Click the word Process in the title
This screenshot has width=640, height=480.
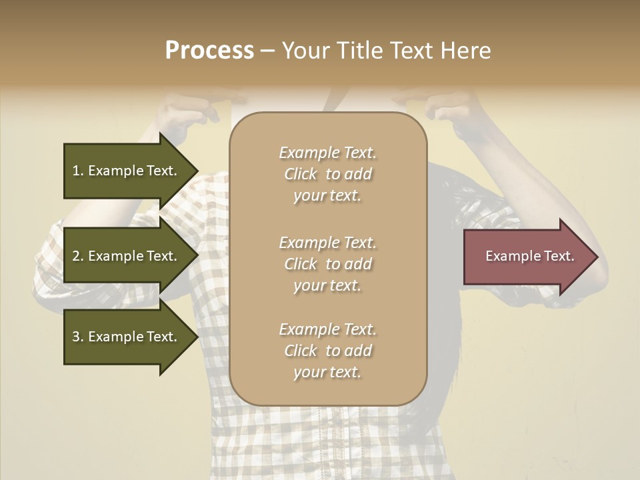209,51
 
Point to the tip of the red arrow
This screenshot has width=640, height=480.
596,257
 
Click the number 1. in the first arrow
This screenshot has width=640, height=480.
78,171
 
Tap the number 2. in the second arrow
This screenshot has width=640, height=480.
78,256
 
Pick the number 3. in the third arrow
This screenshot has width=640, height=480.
78,337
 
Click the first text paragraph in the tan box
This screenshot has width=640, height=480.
327,174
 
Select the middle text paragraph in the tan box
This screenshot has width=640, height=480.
327,264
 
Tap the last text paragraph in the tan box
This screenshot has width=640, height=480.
327,351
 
